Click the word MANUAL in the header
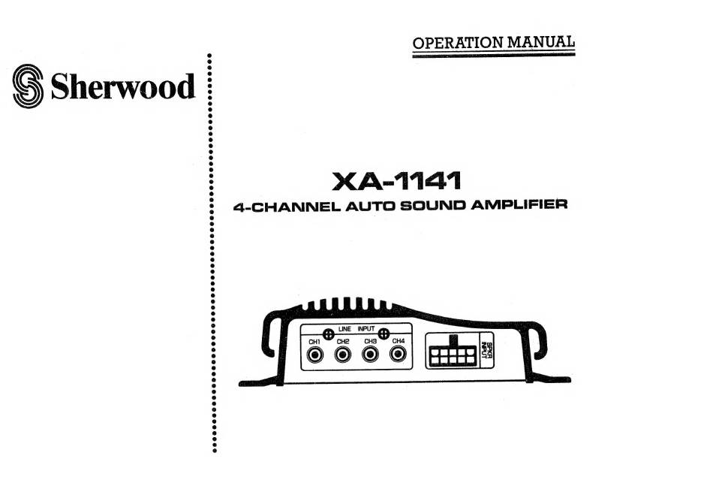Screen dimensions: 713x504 coord(541,42)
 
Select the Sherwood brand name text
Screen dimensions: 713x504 coord(122,86)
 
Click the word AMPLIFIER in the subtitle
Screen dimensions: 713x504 coord(511,204)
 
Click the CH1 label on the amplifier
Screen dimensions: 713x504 coord(314,341)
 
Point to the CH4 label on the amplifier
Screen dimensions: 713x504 coord(399,341)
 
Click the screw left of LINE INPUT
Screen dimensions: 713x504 coord(328,334)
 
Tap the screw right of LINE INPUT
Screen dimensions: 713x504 coord(384,334)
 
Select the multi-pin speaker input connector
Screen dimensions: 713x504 coord(450,352)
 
